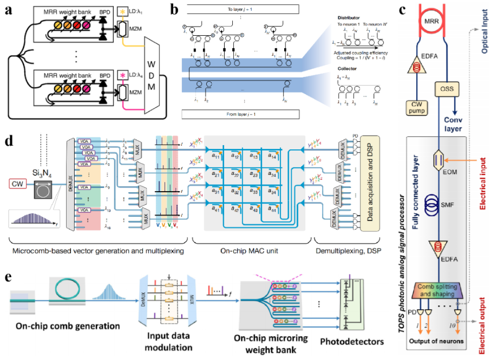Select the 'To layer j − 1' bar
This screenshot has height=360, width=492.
pyautogui.click(x=239, y=9)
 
